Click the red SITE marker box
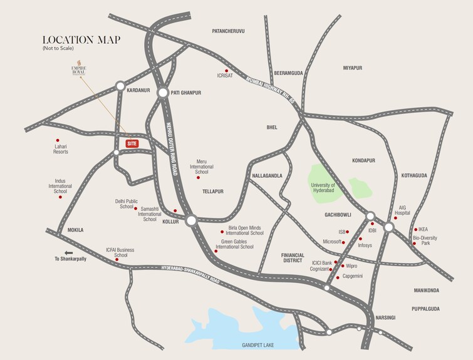(x=132, y=143)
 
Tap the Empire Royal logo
(x=80, y=68)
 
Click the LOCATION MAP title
(x=81, y=40)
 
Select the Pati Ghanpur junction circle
(x=162, y=93)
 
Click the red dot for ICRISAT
(x=227, y=70)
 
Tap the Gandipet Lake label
(x=258, y=345)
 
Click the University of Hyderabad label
(x=323, y=188)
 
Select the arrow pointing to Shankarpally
(x=50, y=259)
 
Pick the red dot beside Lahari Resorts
(x=58, y=140)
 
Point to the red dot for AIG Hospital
(x=395, y=218)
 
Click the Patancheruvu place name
(x=228, y=31)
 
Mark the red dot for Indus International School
(x=61, y=197)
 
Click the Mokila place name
(x=75, y=230)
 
